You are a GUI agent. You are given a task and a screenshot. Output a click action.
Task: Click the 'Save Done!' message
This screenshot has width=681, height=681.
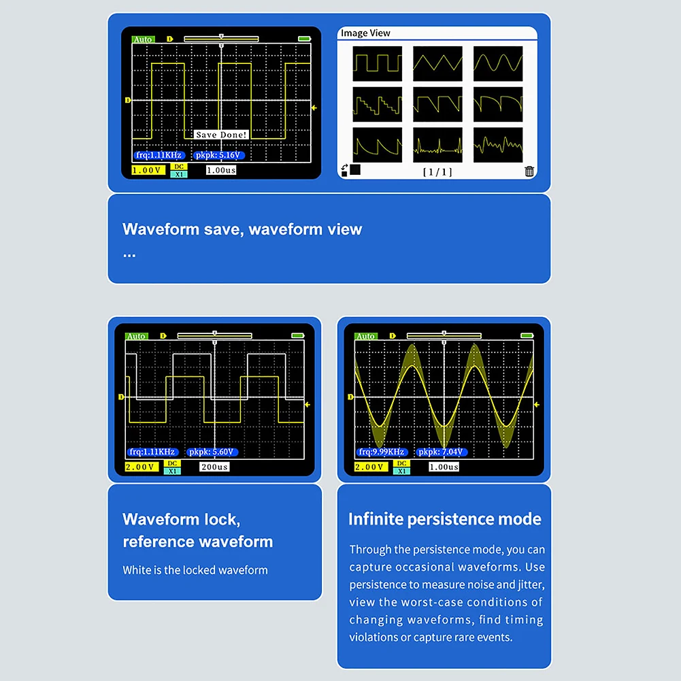coord(222,135)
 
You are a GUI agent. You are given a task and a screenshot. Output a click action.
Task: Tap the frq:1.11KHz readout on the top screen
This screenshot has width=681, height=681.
coord(159,155)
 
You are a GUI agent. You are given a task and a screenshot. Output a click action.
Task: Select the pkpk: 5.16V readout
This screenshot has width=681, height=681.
coord(218,155)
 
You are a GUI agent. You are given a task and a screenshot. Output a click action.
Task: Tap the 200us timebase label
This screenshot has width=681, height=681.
coord(215,467)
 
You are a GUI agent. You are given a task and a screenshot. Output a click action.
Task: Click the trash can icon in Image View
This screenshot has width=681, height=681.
coord(529,171)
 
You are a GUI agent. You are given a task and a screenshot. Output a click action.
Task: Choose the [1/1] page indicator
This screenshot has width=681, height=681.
coord(437,172)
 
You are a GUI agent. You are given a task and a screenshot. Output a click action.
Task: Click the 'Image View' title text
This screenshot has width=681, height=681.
coord(365,33)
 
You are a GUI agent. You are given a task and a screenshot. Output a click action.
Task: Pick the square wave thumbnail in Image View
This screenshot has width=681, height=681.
coord(377,64)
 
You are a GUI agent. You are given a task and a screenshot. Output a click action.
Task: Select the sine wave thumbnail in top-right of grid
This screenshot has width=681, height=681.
coord(498,64)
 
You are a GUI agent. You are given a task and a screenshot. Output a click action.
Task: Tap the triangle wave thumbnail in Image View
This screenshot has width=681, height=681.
coord(437,64)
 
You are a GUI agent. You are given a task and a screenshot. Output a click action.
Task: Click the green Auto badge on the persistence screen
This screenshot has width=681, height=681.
coord(365,336)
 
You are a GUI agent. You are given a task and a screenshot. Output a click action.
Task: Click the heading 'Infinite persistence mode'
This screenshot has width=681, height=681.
coord(444,519)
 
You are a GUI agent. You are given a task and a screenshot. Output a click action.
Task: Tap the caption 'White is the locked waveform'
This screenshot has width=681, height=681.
coord(195,570)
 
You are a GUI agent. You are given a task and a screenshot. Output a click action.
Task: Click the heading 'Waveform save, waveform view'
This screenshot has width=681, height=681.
coord(242,229)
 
